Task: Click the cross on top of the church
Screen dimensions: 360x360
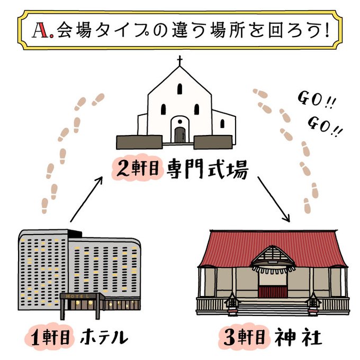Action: point(180,60)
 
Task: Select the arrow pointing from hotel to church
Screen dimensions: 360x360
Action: point(85,200)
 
